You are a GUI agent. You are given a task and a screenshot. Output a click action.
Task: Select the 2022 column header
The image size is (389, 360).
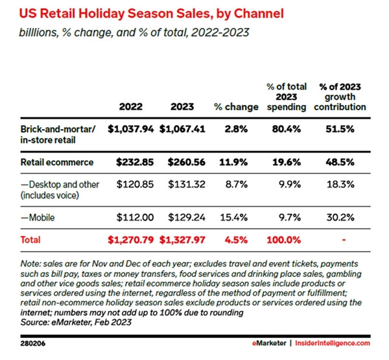pos(132,107)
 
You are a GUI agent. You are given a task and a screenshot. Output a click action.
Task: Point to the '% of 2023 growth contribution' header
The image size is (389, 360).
pos(342,97)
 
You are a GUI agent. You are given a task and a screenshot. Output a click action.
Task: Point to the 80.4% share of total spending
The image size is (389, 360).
pos(286,128)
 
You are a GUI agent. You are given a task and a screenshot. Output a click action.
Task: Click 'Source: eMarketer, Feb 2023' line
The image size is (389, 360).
pos(73,322)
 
